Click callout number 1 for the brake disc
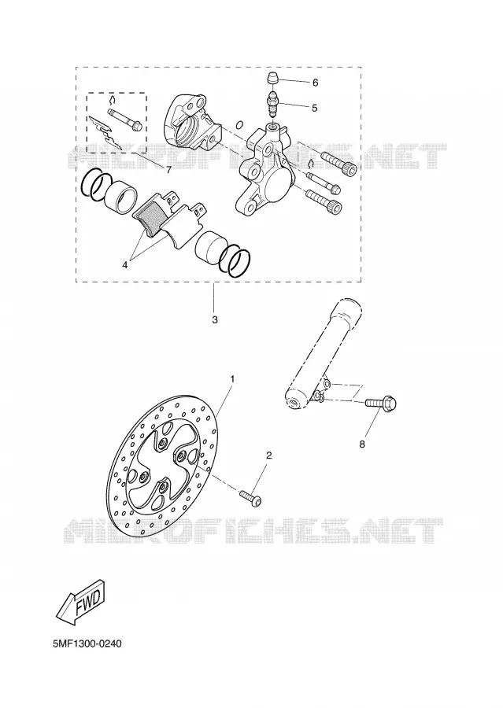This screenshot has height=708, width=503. tap(232, 379)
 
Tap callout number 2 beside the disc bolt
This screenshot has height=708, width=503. tap(269, 455)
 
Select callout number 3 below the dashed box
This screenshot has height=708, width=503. tap(215, 320)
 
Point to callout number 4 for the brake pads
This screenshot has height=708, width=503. tap(124, 265)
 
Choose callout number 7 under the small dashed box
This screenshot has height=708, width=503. tap(168, 170)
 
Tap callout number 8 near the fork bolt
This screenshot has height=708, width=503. tap(361, 444)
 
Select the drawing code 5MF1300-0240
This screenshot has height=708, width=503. tap(87, 643)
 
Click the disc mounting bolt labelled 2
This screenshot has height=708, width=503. tap(251, 496)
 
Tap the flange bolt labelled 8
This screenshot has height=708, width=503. tap(381, 401)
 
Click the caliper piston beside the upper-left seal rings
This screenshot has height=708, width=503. tap(120, 195)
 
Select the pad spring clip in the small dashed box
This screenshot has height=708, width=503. tap(105, 133)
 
